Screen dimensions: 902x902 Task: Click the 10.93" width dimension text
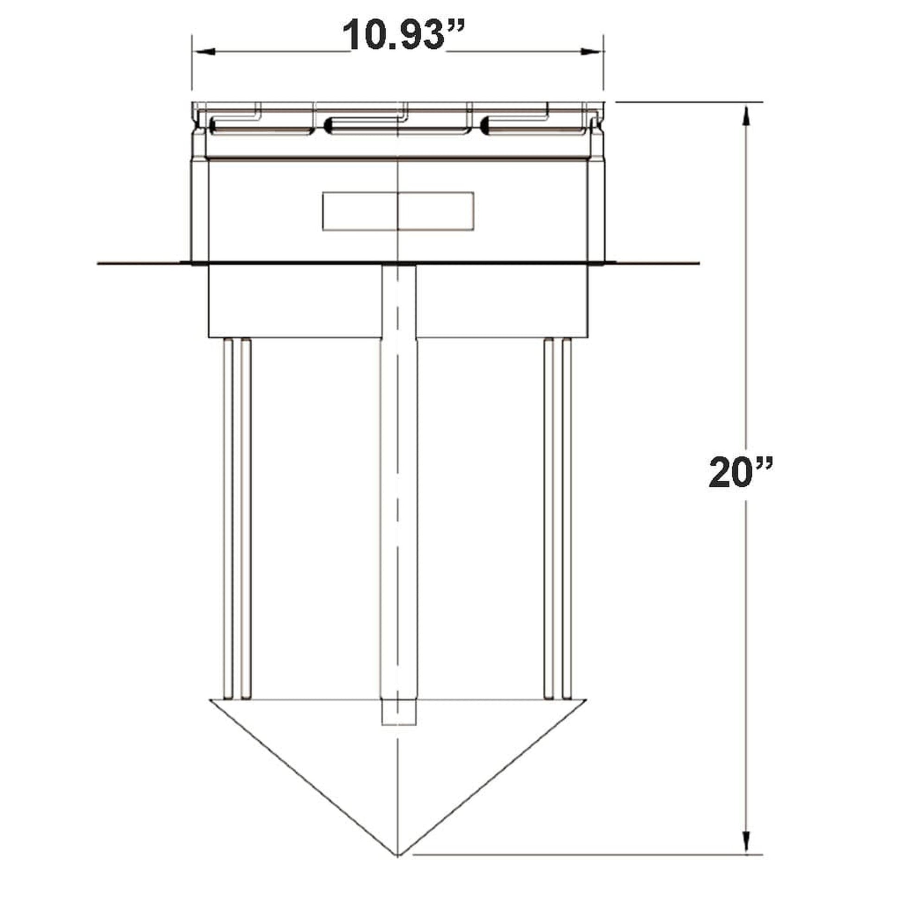point(403,35)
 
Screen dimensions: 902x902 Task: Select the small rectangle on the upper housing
point(398,211)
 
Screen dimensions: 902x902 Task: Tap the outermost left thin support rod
point(228,518)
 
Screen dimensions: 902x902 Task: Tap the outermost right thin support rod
point(567,518)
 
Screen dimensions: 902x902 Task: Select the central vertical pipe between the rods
point(398,514)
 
